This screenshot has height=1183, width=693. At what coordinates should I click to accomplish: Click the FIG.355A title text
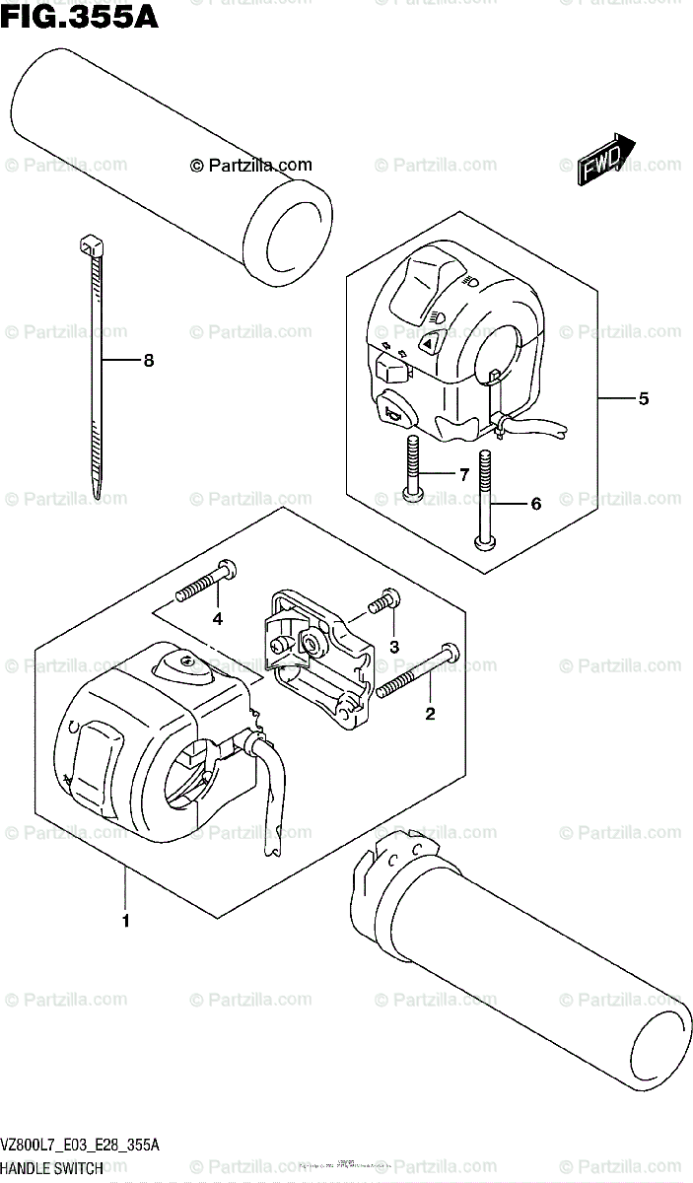pos(79,17)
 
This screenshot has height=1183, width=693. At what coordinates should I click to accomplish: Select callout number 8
pos(149,361)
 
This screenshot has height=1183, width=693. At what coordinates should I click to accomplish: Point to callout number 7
pos(462,474)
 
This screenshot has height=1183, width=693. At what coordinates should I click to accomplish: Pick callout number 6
pos(535,504)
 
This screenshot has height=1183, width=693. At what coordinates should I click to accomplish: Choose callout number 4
pos(217,619)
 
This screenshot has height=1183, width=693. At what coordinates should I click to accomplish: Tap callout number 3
pos(394,647)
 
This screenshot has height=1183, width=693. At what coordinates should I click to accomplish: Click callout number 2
pos(429,714)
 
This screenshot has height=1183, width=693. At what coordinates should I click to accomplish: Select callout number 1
pos(126,921)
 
